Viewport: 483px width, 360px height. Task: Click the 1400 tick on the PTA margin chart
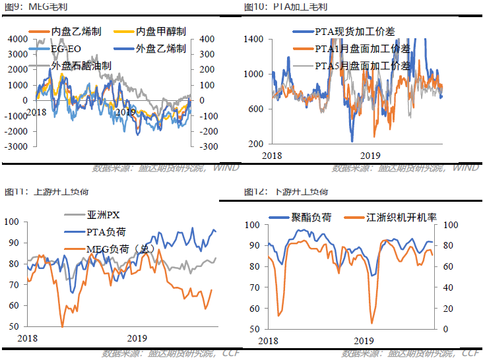click(x=253, y=39)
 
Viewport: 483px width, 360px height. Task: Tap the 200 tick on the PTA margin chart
click(x=256, y=143)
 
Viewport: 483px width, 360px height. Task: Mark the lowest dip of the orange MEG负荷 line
click(x=63, y=326)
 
